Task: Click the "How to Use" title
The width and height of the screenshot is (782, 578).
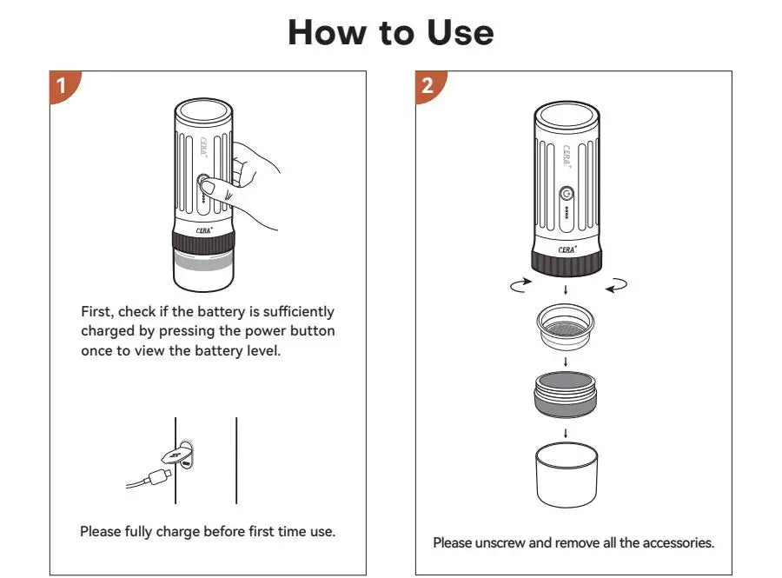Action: pyautogui.click(x=390, y=32)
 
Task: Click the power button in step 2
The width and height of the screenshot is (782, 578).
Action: pyautogui.click(x=567, y=194)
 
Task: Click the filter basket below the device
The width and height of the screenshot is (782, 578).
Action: pyautogui.click(x=566, y=329)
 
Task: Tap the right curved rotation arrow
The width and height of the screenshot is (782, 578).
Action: pyautogui.click(x=616, y=284)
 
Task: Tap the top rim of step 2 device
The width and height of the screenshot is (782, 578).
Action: pyautogui.click(x=567, y=113)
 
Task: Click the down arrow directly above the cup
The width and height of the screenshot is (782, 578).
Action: pyautogui.click(x=566, y=432)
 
